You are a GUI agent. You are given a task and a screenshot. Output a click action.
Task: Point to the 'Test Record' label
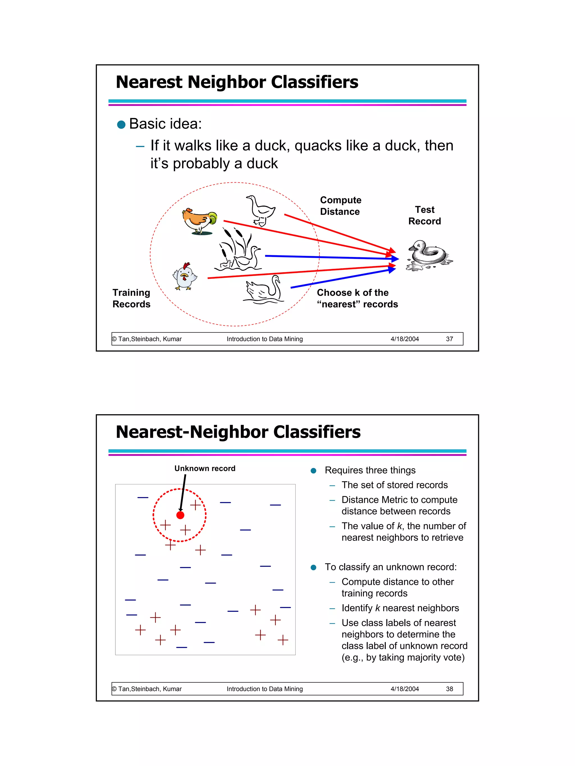pyautogui.click(x=425, y=215)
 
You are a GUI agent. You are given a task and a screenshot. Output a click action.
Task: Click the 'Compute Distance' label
pyautogui.click(x=340, y=206)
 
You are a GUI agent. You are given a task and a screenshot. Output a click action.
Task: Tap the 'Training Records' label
pyautogui.click(x=131, y=298)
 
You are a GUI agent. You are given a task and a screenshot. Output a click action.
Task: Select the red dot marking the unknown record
pyautogui.click(x=180, y=515)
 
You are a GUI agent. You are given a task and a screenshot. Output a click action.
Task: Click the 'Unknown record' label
pyautogui.click(x=205, y=468)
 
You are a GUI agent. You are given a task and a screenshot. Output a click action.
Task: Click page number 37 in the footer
pyautogui.click(x=449, y=339)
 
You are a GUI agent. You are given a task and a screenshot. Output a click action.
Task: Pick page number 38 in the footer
pyautogui.click(x=449, y=689)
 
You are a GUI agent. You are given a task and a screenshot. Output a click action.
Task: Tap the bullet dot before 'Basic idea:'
pyautogui.click(x=121, y=125)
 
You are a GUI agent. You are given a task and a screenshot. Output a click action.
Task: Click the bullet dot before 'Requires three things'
pyautogui.click(x=313, y=471)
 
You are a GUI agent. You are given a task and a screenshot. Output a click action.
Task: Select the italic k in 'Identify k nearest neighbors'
pyautogui.click(x=377, y=608)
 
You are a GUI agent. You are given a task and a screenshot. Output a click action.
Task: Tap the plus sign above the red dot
pyautogui.click(x=195, y=505)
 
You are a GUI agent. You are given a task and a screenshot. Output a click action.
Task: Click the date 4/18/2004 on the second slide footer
pyautogui.click(x=405, y=689)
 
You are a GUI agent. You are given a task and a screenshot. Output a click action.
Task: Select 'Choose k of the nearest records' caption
pyautogui.click(x=357, y=298)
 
